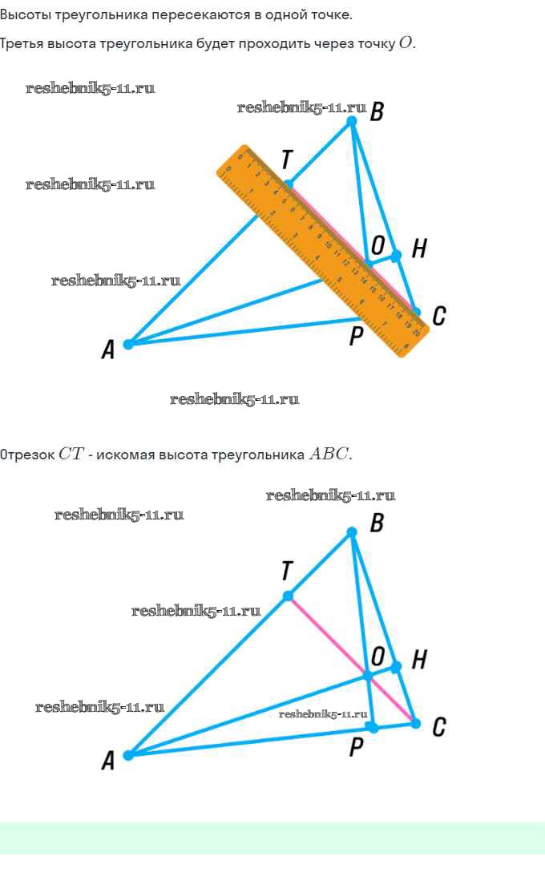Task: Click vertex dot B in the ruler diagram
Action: pyautogui.click(x=351, y=121)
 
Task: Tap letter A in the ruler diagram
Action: pyautogui.click(x=108, y=350)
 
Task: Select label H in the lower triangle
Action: pyautogui.click(x=419, y=661)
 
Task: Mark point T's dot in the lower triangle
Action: pyautogui.click(x=288, y=596)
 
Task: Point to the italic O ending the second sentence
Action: pyautogui.click(x=406, y=43)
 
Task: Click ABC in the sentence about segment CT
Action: pyautogui.click(x=329, y=455)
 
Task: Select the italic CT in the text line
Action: pyautogui.click(x=70, y=455)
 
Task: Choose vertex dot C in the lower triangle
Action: pyautogui.click(x=415, y=723)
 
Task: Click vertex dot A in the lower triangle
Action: pyautogui.click(x=128, y=754)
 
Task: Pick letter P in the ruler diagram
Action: pyautogui.click(x=357, y=337)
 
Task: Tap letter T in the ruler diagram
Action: pyautogui.click(x=286, y=160)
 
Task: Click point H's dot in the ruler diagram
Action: pyautogui.click(x=396, y=256)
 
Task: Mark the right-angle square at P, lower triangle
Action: pyautogui.click(x=371, y=726)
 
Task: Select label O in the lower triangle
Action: pyautogui.click(x=377, y=656)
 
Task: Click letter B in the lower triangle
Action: pyautogui.click(x=377, y=524)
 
